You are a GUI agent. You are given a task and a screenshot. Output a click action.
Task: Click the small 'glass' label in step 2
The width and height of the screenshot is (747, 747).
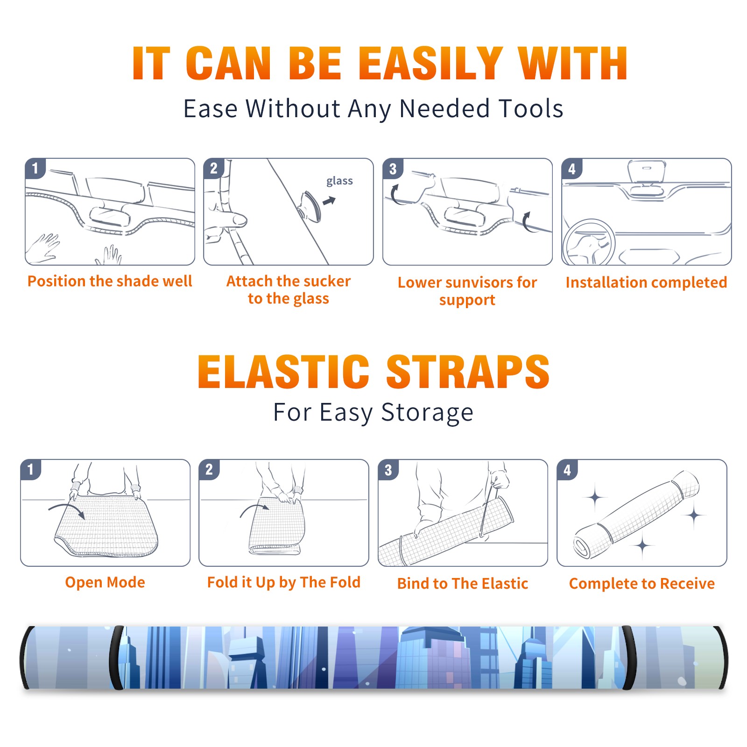click(339, 181)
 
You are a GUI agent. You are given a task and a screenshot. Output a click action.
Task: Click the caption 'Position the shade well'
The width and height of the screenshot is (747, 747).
click(110, 281)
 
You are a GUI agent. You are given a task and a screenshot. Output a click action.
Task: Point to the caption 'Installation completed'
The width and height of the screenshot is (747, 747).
click(646, 282)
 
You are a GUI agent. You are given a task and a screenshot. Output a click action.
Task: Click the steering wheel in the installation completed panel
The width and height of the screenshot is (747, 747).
click(589, 242)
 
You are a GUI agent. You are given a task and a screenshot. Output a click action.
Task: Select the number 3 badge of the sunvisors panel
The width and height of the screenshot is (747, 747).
click(393, 169)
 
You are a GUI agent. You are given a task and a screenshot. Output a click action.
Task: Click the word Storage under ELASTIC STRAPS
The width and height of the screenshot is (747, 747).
click(427, 413)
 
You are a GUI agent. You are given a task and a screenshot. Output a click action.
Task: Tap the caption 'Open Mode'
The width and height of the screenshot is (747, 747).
click(105, 582)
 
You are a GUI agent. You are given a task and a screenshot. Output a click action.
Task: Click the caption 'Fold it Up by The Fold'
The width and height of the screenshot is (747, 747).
click(284, 582)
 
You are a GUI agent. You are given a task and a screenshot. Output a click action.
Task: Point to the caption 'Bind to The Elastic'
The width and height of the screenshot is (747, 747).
click(463, 584)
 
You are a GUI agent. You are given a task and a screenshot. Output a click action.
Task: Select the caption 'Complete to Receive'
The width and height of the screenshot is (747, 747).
click(642, 584)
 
